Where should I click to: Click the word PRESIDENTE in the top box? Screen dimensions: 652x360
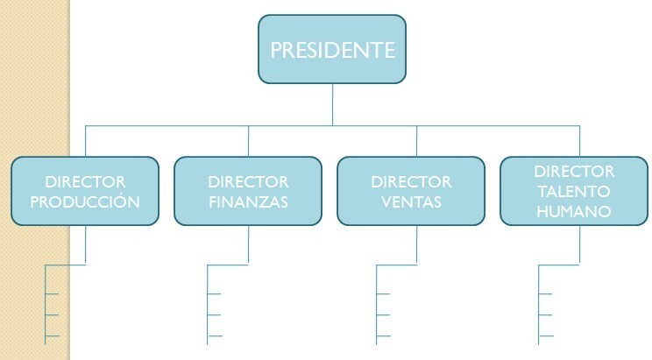pyautogui.click(x=332, y=50)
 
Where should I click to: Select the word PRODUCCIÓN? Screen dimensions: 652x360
pyautogui.click(x=85, y=201)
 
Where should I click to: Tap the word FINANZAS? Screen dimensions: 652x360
pyautogui.click(x=248, y=202)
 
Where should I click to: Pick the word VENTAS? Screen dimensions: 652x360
pyautogui.click(x=411, y=202)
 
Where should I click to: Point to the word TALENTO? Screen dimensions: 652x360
pyautogui.click(x=574, y=192)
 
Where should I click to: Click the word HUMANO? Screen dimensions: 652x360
pyautogui.click(x=574, y=212)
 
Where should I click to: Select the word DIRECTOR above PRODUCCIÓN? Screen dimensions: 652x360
pyautogui.click(x=85, y=182)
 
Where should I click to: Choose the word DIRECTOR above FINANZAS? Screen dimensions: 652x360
pyautogui.click(x=248, y=182)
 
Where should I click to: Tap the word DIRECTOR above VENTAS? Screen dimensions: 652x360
pyautogui.click(x=411, y=182)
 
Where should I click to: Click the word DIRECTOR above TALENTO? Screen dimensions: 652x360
pyautogui.click(x=574, y=172)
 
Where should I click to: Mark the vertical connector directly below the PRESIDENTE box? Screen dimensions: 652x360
pyautogui.click(x=332, y=104)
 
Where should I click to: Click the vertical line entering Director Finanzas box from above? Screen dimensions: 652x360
pyautogui.click(x=248, y=141)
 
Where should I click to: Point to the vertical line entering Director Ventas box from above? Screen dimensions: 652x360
pyautogui.click(x=416, y=141)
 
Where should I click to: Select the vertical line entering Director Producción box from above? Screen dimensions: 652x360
pyautogui.click(x=85, y=141)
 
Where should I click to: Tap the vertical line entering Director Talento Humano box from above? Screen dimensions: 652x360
pyautogui.click(x=579, y=141)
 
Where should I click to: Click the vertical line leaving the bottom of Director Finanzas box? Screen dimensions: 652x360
pyautogui.click(x=248, y=245)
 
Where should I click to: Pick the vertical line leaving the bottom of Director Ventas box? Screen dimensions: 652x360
pyautogui.click(x=416, y=245)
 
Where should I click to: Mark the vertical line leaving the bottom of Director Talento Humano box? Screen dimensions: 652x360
pyautogui.click(x=579, y=245)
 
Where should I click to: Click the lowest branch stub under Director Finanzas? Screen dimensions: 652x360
pyautogui.click(x=215, y=335)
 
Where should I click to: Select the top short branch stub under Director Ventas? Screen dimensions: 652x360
pyautogui.click(x=383, y=294)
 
